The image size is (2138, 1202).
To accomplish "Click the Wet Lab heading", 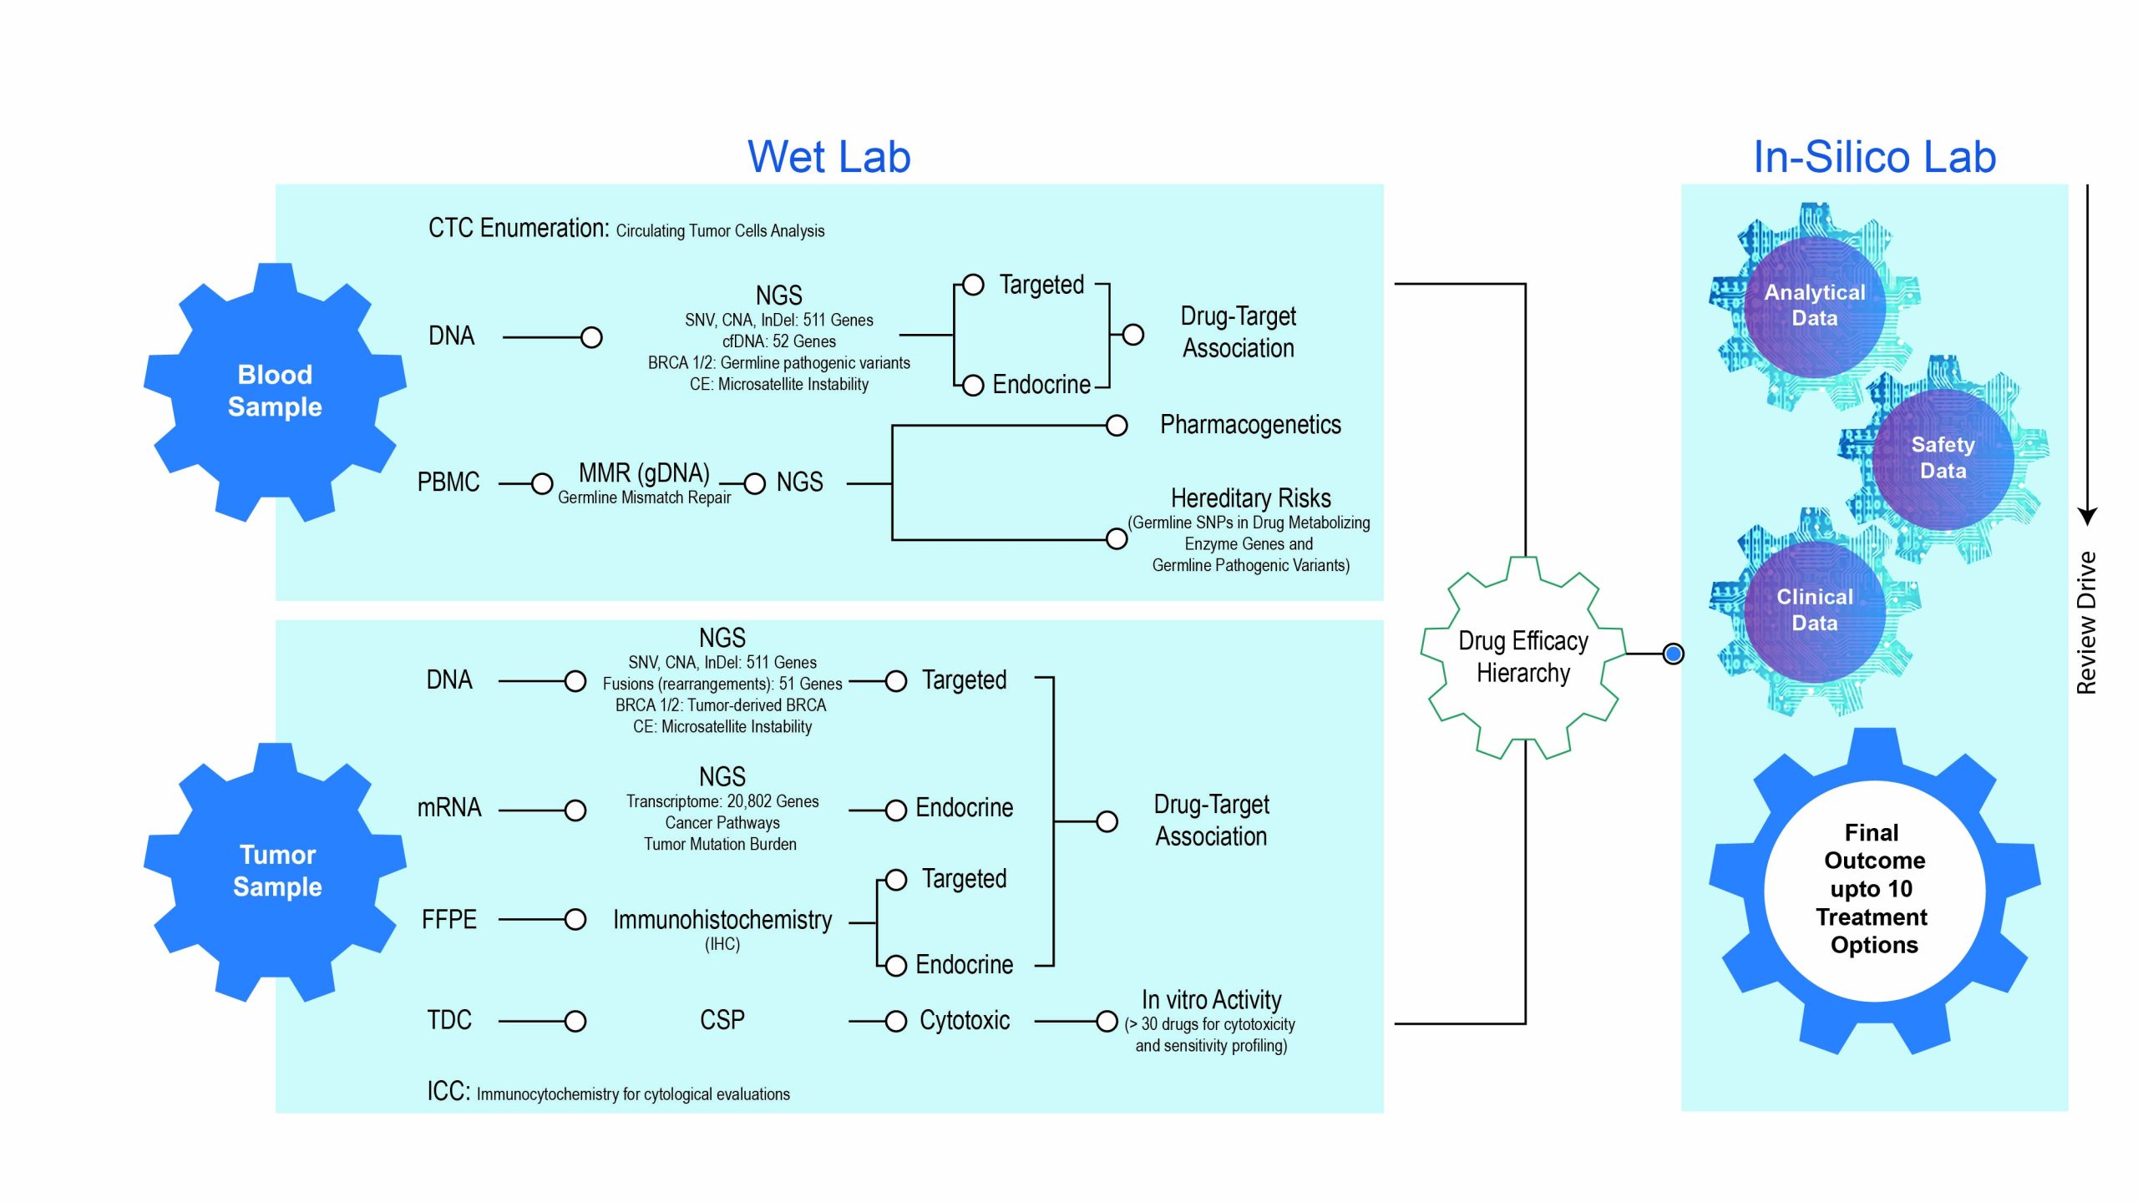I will tap(828, 157).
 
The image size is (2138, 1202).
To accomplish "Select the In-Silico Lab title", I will tap(1874, 157).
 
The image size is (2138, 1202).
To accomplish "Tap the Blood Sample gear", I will tap(275, 391).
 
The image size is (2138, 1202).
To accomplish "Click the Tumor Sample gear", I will tap(276, 871).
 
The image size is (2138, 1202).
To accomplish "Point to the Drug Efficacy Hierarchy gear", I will tap(1523, 657).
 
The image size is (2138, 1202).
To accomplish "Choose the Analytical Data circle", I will tap(1814, 306).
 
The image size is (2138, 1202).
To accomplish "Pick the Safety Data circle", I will tap(1943, 458).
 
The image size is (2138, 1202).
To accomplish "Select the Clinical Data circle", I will tap(1814, 610).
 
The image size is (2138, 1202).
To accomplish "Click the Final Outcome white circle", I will tap(1873, 889).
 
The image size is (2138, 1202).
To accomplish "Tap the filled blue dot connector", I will tap(1673, 654).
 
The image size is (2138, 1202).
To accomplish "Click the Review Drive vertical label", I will tap(2086, 623).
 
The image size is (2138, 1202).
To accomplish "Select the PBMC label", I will tap(448, 482).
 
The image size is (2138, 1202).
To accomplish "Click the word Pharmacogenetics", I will tap(1250, 425).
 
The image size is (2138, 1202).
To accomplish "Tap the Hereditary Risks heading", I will tap(1250, 498).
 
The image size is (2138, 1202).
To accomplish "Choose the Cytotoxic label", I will tap(965, 1020).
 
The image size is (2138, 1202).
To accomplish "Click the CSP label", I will tap(722, 1020).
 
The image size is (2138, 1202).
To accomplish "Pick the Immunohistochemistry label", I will tap(722, 920).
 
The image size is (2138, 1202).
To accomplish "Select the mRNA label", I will tap(449, 808).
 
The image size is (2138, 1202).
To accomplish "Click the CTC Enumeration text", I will tap(518, 229).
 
